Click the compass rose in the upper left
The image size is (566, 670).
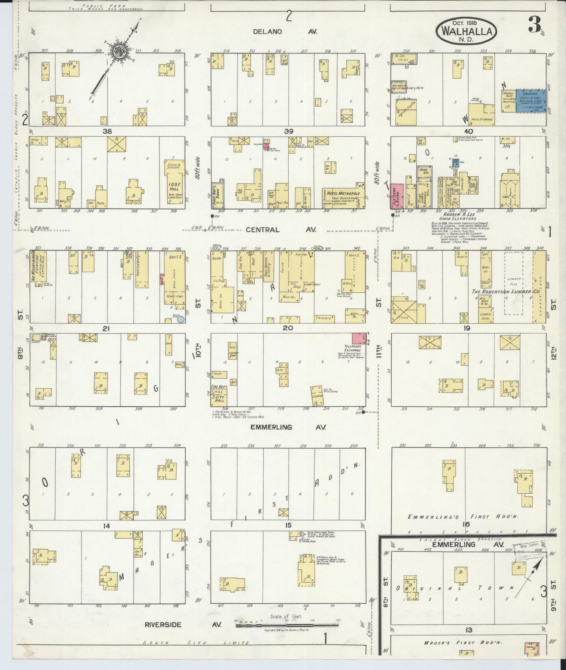click(x=117, y=51)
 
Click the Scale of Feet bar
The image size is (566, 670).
click(x=287, y=625)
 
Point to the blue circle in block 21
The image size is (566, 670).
click(x=180, y=319)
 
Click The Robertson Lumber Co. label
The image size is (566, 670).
click(x=501, y=292)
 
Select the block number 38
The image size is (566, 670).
click(x=107, y=132)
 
